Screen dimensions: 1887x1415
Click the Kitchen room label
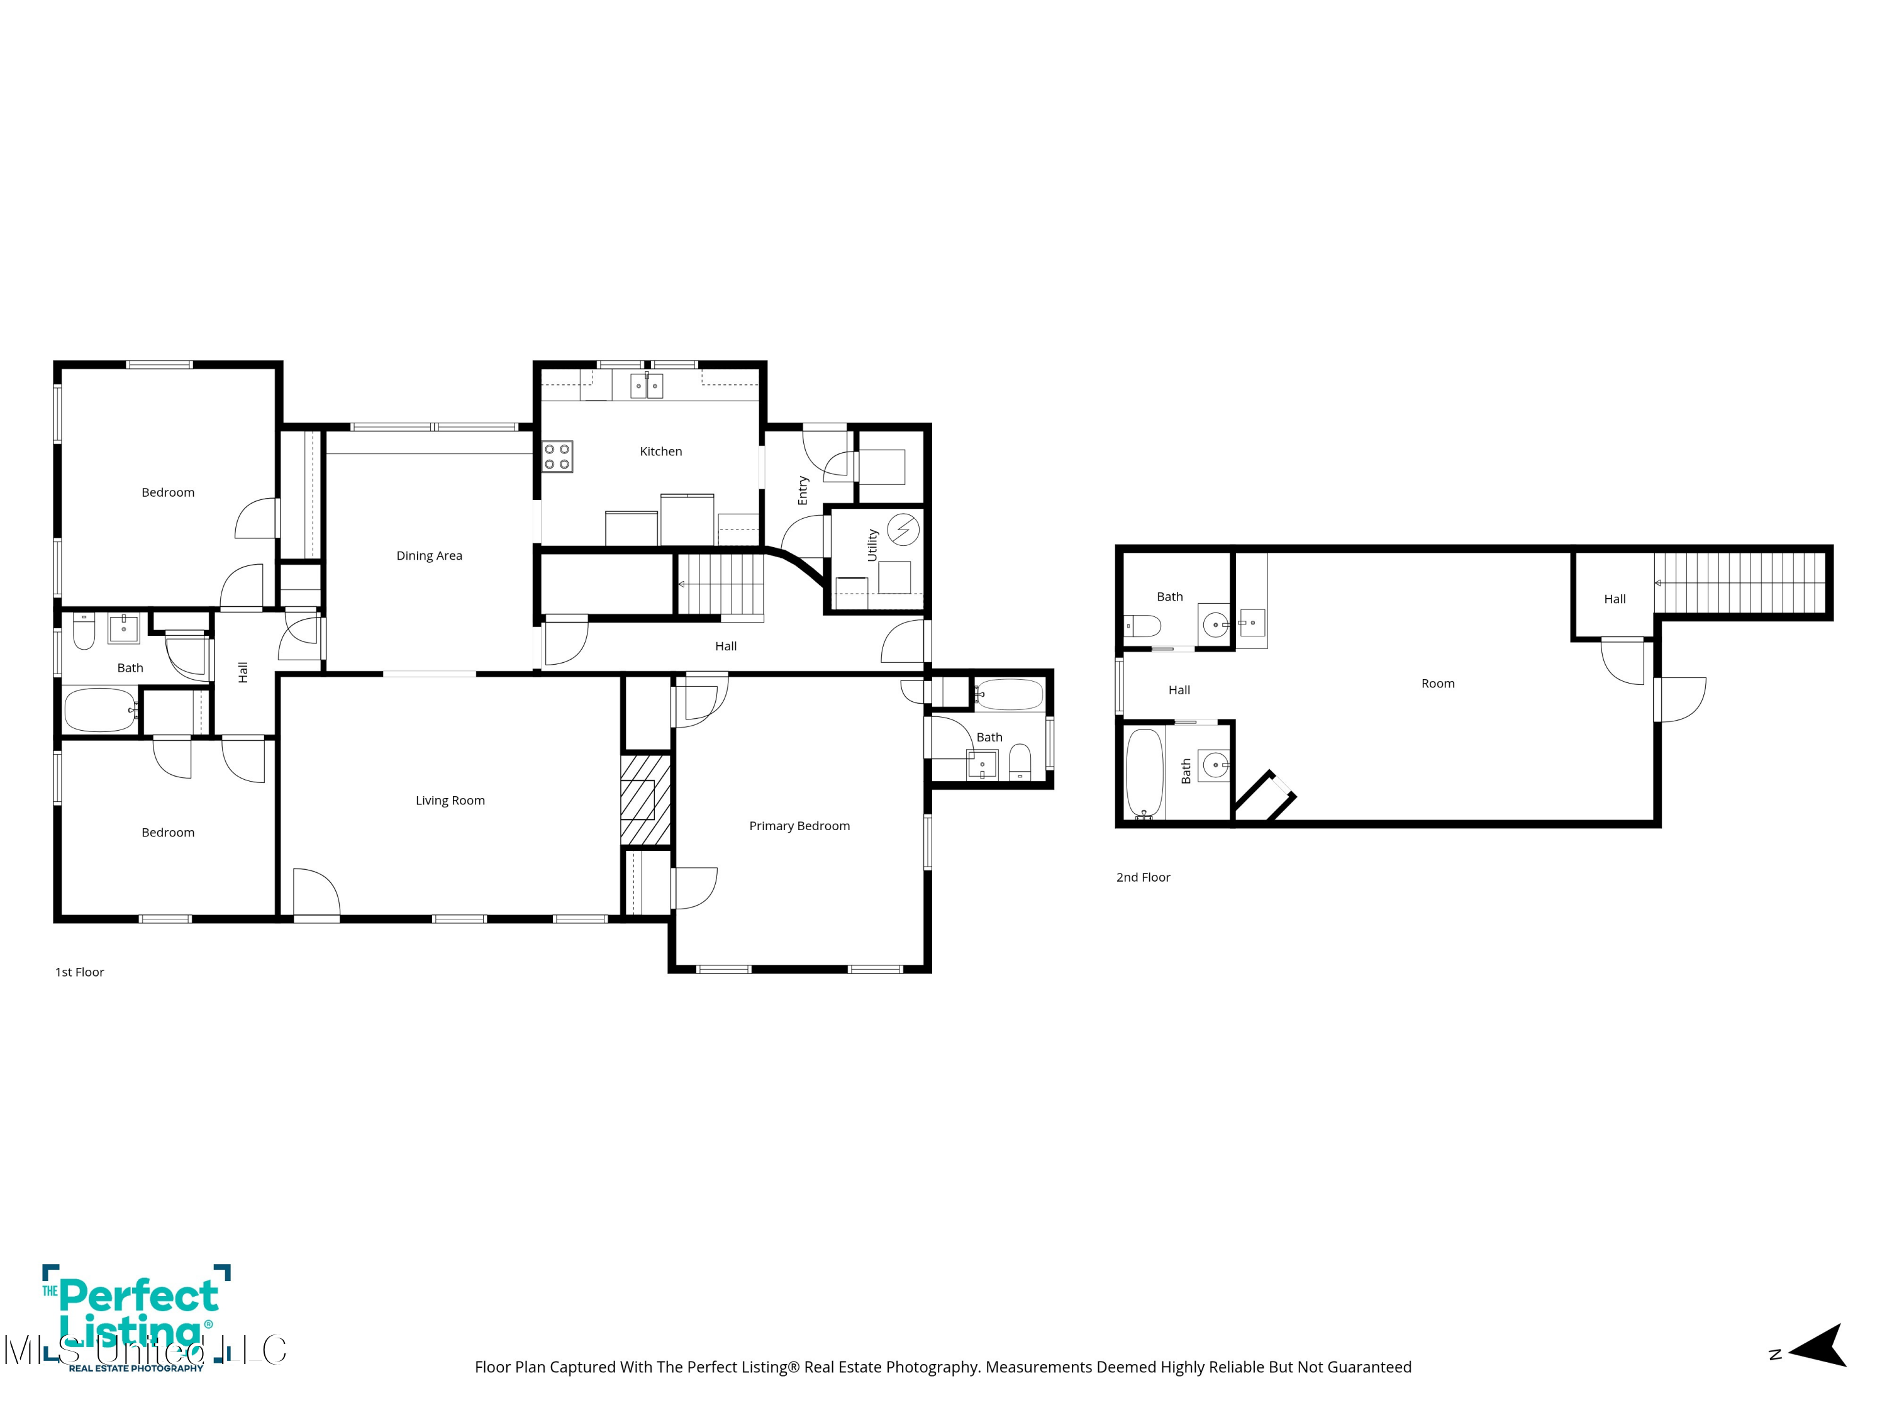(x=660, y=451)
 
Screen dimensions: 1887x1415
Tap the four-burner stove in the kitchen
(x=558, y=457)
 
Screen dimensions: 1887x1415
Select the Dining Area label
(x=429, y=555)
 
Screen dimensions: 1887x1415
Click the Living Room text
(x=450, y=800)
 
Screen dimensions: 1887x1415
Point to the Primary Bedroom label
(x=799, y=826)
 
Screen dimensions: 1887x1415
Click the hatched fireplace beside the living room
(x=646, y=799)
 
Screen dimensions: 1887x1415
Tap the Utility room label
(x=872, y=545)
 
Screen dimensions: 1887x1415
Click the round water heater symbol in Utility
(x=903, y=530)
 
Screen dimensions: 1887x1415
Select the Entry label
(x=803, y=491)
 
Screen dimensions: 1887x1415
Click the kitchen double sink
(x=647, y=386)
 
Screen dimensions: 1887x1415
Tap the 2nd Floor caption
(x=1143, y=877)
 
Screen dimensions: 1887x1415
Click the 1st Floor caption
(x=79, y=972)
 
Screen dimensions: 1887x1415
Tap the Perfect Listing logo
(x=136, y=1318)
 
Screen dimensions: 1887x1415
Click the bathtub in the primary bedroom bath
(x=1009, y=695)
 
